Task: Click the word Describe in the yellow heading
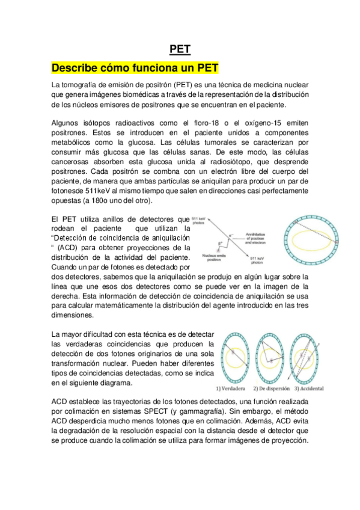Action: tap(76, 66)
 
